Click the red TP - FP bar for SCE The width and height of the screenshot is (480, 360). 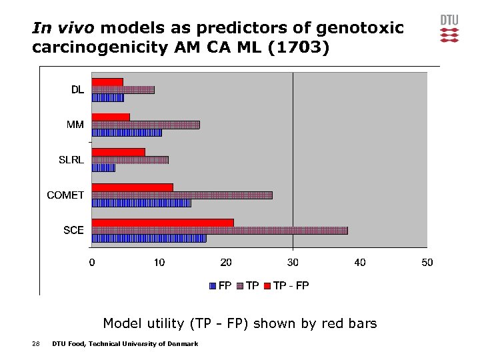163,223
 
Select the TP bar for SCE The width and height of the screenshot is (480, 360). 219,231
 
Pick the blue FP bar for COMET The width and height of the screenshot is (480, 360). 141,203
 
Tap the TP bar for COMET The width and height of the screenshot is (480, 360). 182,195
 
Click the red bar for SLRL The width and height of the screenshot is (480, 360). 118,152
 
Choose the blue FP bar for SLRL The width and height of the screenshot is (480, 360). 103,167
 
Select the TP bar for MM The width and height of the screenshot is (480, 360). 145,125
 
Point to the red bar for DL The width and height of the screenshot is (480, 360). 107,82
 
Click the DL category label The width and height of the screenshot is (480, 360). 77,90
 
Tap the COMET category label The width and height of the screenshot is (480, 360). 65,195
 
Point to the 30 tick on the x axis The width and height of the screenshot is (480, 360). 293,263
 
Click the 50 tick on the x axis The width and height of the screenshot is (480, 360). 427,263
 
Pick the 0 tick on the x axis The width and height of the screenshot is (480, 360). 92,263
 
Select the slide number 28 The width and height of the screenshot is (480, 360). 36,343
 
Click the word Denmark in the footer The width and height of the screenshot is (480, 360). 181,343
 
